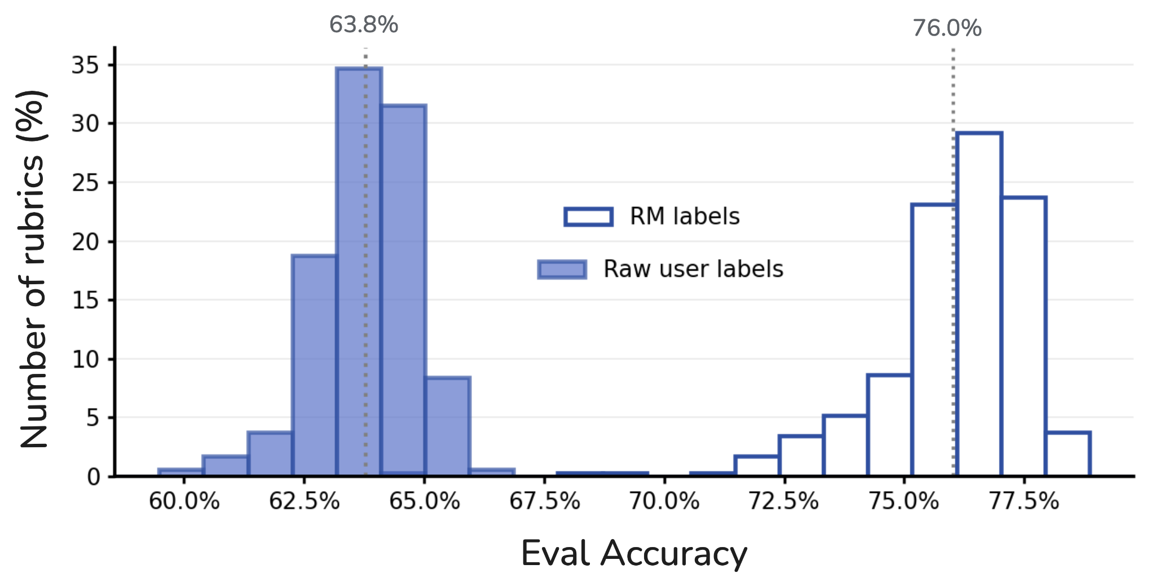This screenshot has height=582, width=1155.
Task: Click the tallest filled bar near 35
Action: click(x=359, y=271)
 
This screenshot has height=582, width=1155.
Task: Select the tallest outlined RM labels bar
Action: click(x=979, y=305)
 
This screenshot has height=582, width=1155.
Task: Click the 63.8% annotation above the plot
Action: click(x=364, y=25)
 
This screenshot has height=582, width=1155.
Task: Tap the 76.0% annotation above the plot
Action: click(x=947, y=28)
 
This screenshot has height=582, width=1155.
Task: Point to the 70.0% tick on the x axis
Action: click(x=664, y=501)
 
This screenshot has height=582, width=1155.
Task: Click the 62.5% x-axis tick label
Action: click(x=304, y=501)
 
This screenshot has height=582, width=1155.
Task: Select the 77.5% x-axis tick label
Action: click(x=1024, y=501)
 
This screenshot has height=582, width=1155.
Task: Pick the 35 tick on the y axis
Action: click(x=85, y=65)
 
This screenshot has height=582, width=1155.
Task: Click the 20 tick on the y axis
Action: click(x=85, y=242)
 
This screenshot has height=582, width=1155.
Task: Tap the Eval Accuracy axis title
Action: click(x=633, y=553)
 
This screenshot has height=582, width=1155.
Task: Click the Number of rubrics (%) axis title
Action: click(x=33, y=270)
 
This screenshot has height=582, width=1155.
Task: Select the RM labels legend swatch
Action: click(x=588, y=217)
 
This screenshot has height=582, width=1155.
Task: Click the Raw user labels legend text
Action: click(x=693, y=269)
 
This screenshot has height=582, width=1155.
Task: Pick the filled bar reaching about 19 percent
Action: click(x=314, y=367)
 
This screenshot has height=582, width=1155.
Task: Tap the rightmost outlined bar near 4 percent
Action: click(x=1068, y=454)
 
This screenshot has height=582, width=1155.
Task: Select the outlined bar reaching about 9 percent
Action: click(x=889, y=426)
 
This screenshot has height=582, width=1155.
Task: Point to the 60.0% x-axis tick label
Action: click(x=184, y=501)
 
